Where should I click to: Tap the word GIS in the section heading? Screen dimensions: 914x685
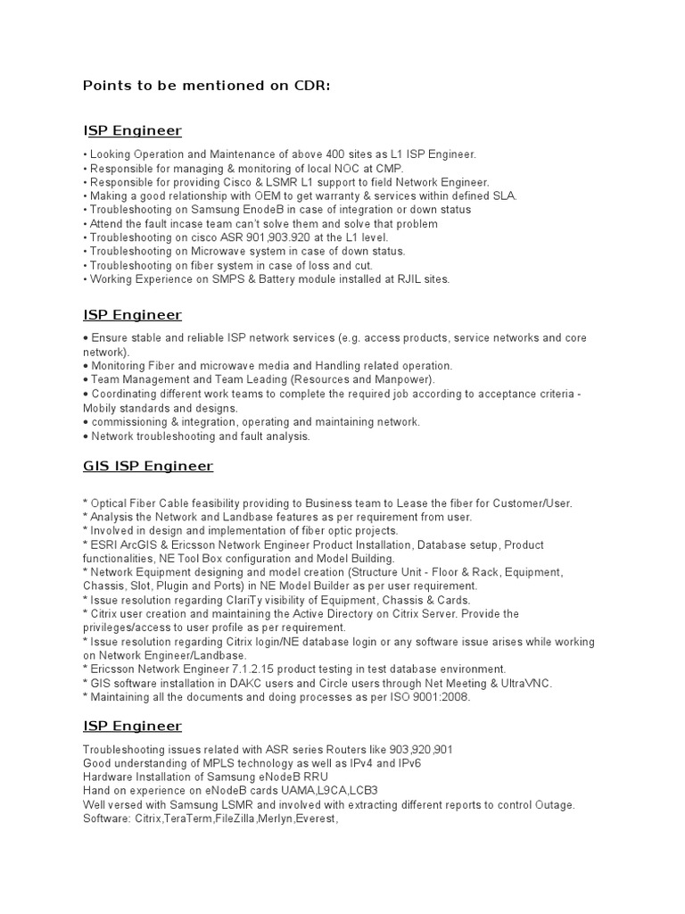point(97,466)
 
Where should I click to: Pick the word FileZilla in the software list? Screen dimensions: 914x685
point(231,818)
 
